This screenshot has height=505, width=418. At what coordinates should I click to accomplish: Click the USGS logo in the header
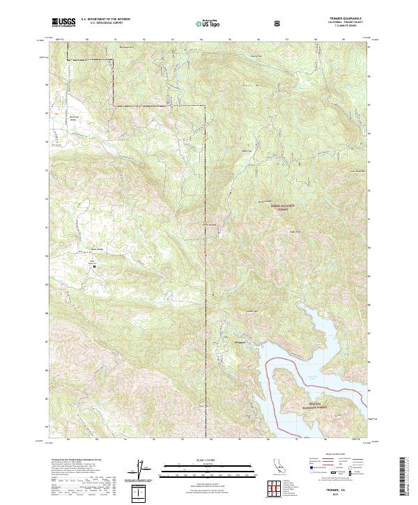click(x=63, y=23)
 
